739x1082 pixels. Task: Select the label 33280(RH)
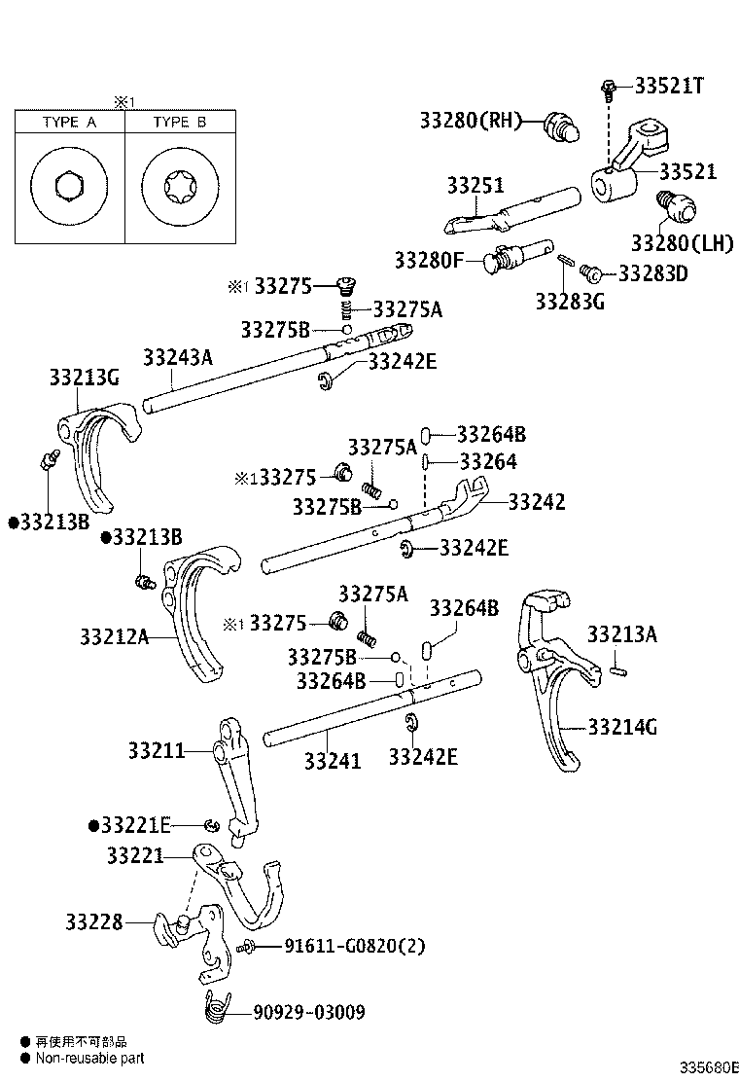coord(471,121)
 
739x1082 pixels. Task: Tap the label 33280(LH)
coord(682,242)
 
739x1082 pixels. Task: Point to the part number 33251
coord(475,185)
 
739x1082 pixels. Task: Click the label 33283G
coord(569,302)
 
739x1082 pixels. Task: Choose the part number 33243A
coord(177,357)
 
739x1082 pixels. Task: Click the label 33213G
coord(85,377)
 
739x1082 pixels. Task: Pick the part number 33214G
coord(622,726)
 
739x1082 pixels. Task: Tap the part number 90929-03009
coord(309,1013)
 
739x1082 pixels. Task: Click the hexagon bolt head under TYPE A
coord(68,186)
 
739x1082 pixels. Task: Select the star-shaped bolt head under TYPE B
coord(180,186)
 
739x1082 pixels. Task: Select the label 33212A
coord(115,637)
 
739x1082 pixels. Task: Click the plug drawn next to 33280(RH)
coord(561,126)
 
